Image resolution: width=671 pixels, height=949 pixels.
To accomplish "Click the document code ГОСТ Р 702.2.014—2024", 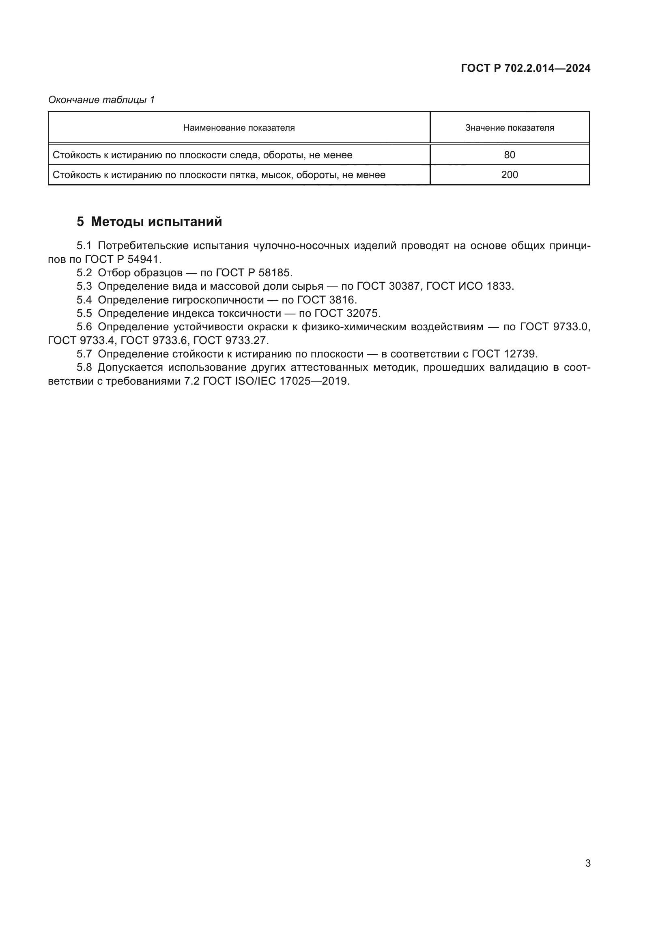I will pyautogui.click(x=525, y=69).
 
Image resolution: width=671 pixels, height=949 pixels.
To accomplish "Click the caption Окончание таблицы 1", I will pyautogui.click(x=101, y=100).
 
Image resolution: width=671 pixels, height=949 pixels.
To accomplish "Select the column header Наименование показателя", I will pyautogui.click(x=239, y=128).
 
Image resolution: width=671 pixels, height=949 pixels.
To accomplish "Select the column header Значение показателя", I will pyautogui.click(x=510, y=128).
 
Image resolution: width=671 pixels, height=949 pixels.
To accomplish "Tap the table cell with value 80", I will pyautogui.click(x=510, y=155).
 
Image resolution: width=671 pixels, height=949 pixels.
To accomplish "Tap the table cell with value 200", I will pyautogui.click(x=510, y=175).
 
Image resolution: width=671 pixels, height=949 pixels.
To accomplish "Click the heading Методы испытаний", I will pyautogui.click(x=156, y=222).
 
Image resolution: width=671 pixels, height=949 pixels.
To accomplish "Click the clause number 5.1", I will pyautogui.click(x=84, y=246).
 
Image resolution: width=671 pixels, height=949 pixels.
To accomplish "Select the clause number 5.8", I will pyautogui.click(x=84, y=368).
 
